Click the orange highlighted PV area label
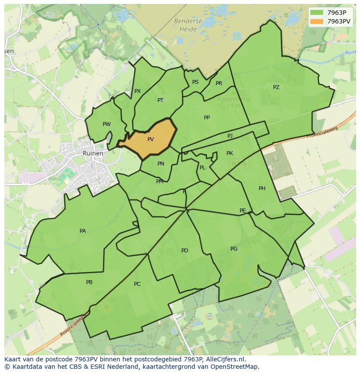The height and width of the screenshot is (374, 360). pos(150,139)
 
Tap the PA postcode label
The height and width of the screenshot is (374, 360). pos(83,231)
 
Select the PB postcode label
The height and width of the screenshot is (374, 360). pos(89,282)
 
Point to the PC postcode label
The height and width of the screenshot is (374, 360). pos(137,284)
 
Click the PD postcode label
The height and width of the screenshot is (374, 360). pos(185,251)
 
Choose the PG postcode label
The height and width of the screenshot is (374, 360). pos(234,249)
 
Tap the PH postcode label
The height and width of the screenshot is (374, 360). pos(262,189)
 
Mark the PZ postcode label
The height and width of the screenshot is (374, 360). pos(276,87)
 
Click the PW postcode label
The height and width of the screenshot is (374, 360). pos(107,124)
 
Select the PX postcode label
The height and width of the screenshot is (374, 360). pos(137,91)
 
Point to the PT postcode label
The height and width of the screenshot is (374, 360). pos(160,100)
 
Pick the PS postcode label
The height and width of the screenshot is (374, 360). pos(195,82)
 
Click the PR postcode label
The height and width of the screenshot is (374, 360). pos(219,83)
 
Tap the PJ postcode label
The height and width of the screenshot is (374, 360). pos(230,136)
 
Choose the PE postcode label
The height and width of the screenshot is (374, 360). pos(243,211)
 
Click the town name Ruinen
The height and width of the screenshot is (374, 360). pos(93,153)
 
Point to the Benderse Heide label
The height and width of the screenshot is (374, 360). pos(187,25)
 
